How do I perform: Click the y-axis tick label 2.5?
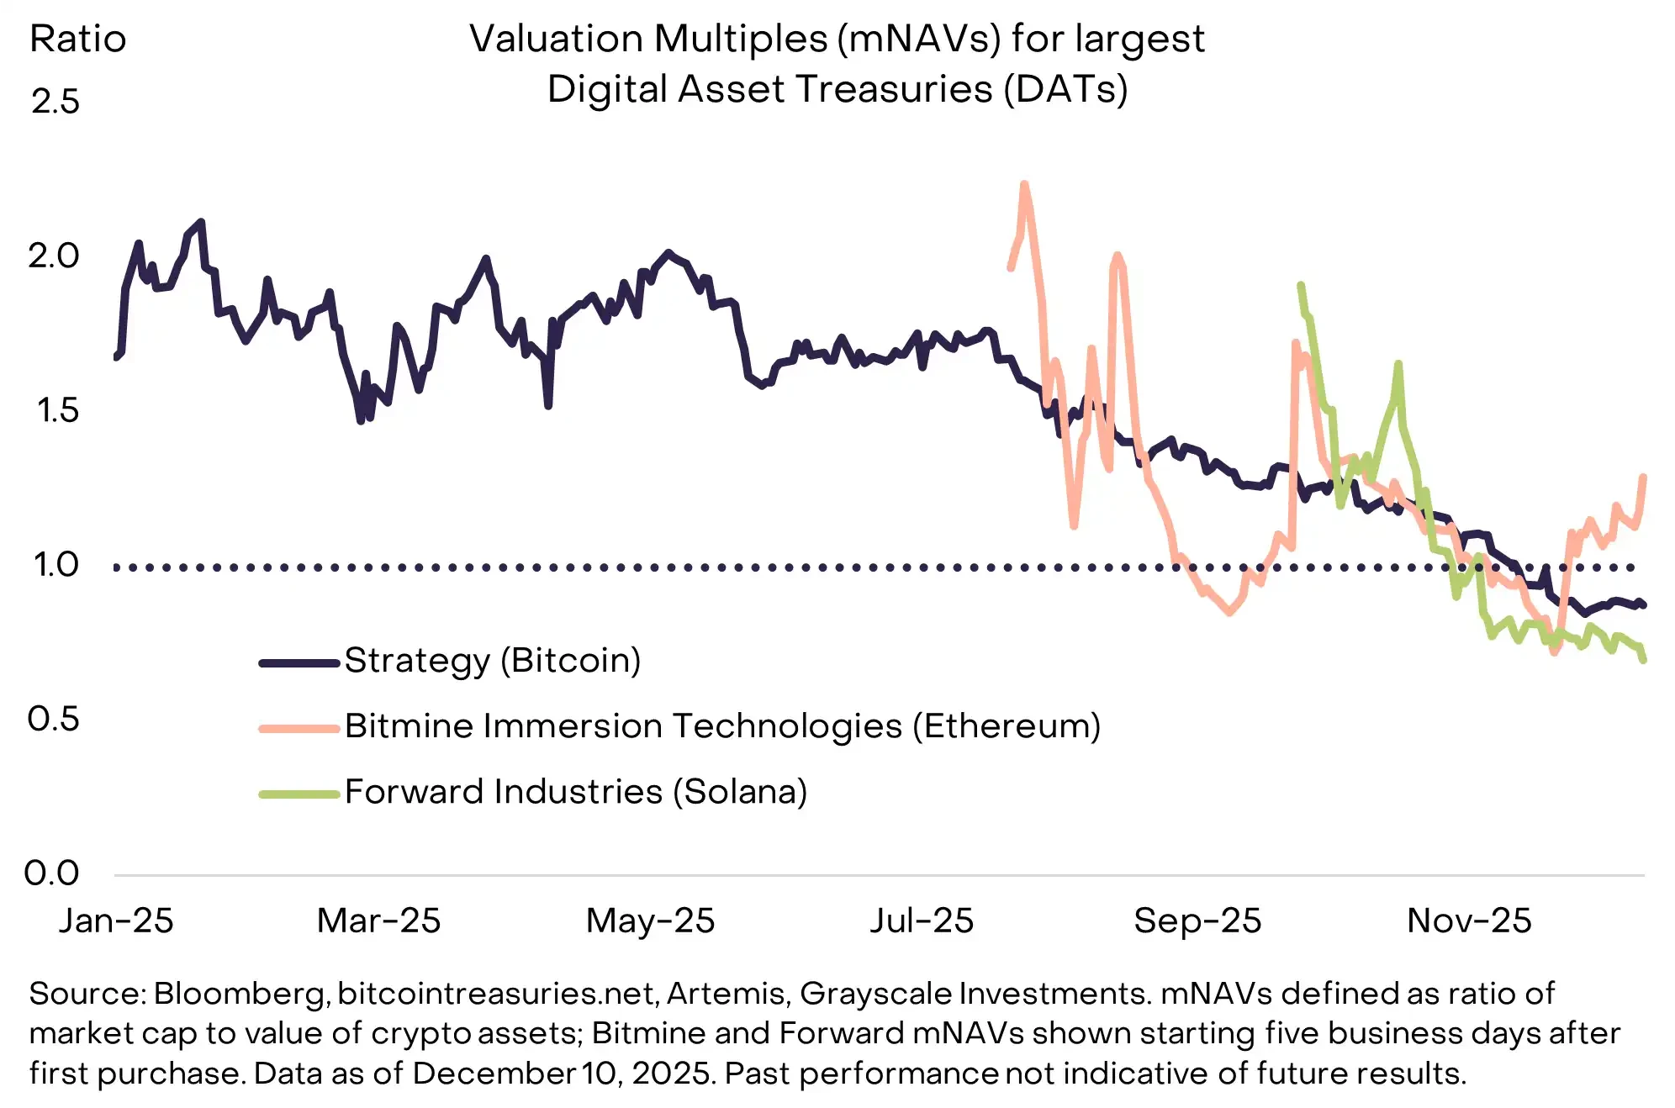tap(55, 102)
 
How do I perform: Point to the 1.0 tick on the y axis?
tap(55, 564)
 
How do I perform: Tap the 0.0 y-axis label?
tap(52, 873)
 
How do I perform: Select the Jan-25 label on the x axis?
tap(116, 921)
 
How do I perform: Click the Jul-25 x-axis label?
tap(922, 921)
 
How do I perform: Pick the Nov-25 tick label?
tap(1469, 921)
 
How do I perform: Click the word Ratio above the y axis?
tap(77, 39)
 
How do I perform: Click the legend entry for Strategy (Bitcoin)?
tap(492, 661)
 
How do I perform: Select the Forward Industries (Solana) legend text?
tap(576, 792)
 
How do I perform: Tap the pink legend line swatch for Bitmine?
tap(299, 728)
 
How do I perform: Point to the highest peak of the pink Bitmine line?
tap(1024, 184)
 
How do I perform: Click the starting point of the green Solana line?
tap(1300, 285)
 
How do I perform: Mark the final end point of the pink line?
tap(1643, 477)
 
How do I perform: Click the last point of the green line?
tap(1643, 661)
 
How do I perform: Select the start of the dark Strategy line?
tap(116, 357)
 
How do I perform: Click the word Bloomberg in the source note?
tap(240, 994)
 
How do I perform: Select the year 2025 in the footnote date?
tap(670, 1074)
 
